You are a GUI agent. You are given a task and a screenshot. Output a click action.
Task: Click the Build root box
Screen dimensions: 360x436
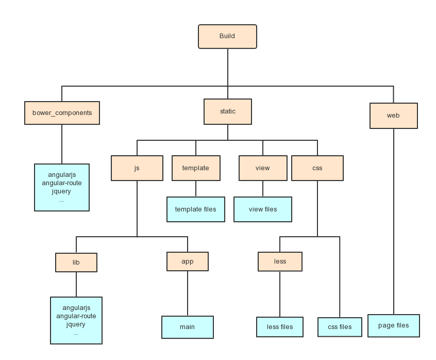click(x=227, y=37)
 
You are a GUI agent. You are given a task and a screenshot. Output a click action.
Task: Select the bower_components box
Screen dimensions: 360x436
click(x=62, y=113)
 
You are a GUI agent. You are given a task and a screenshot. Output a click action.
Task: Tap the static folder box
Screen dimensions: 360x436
click(x=227, y=112)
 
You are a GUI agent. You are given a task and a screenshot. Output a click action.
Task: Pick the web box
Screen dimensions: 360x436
click(x=393, y=116)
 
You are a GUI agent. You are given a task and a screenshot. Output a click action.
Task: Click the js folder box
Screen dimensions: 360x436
click(x=137, y=168)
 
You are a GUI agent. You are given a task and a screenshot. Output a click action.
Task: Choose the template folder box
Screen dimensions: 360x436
click(x=195, y=168)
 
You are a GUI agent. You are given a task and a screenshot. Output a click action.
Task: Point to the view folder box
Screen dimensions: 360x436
click(x=262, y=168)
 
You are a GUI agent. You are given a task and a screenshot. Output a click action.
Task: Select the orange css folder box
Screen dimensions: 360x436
click(x=317, y=168)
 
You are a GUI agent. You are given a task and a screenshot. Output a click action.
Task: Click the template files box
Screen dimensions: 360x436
click(x=195, y=209)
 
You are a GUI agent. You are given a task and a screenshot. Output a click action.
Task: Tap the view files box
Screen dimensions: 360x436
click(x=262, y=209)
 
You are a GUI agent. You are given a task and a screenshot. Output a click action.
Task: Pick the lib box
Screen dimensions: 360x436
click(x=76, y=263)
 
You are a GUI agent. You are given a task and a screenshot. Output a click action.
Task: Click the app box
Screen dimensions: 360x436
click(x=187, y=261)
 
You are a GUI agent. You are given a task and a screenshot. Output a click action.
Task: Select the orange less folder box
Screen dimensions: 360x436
click(x=280, y=261)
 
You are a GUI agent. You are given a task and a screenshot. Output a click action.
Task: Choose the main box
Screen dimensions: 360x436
click(x=187, y=327)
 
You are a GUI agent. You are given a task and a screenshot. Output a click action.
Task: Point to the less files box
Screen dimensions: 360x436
click(x=280, y=327)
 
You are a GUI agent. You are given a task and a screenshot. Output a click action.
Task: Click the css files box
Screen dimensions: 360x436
click(x=340, y=327)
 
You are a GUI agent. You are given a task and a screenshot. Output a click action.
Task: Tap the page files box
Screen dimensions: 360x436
click(x=393, y=325)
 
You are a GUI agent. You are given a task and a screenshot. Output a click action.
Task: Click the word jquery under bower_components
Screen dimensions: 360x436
click(x=61, y=191)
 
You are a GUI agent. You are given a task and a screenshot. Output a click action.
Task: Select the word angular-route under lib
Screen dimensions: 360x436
click(x=76, y=316)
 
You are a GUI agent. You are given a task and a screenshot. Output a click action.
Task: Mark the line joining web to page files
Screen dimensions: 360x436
click(x=393, y=222)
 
